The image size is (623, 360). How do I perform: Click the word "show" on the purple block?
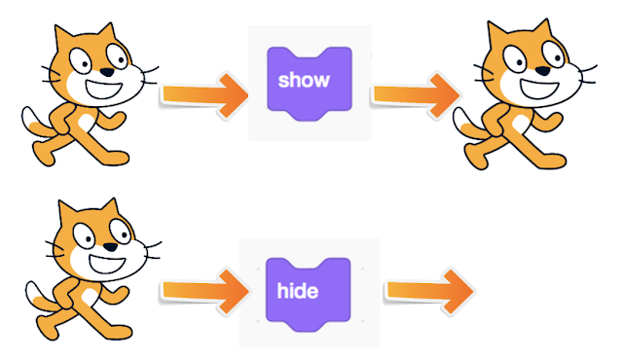[x=304, y=80]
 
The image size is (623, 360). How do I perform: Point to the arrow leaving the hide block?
[x=428, y=288]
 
